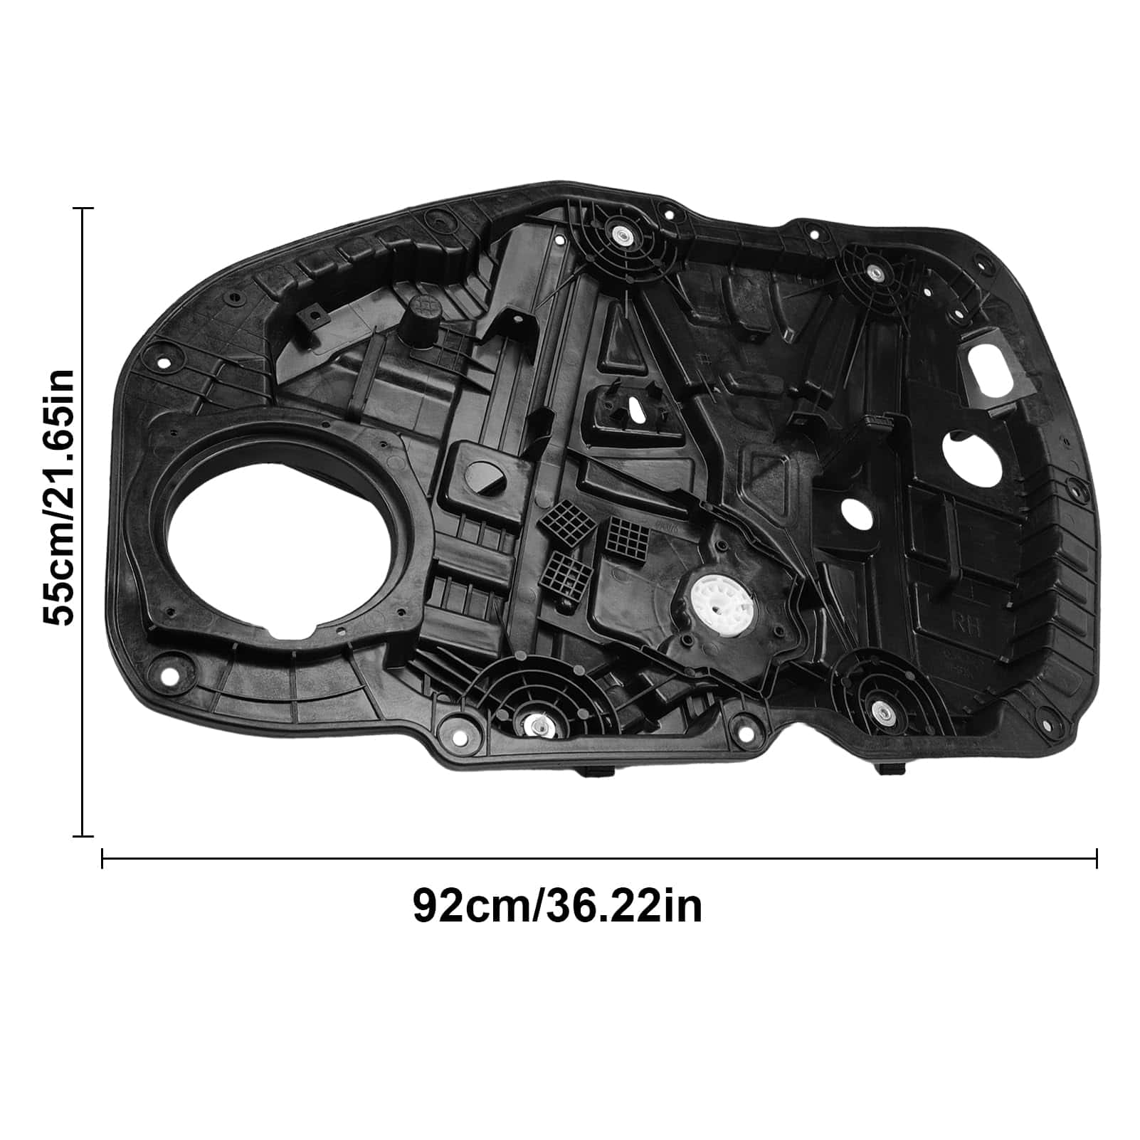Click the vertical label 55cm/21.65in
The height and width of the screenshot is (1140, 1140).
click(x=58, y=497)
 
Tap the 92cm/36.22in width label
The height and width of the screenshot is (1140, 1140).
click(x=557, y=906)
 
